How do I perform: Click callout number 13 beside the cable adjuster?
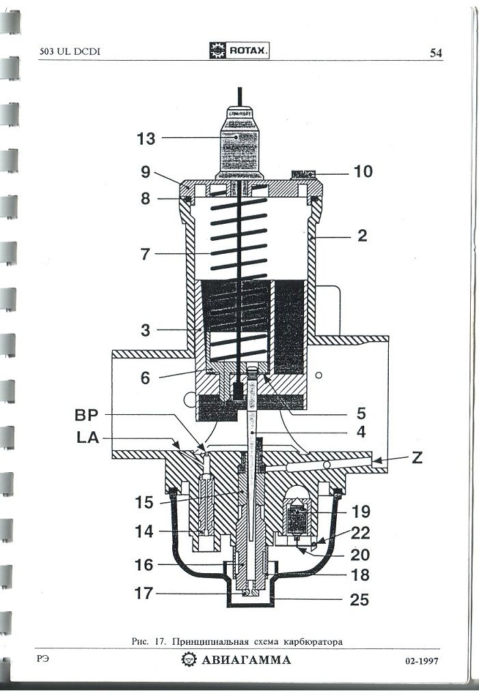pyautogui.click(x=146, y=139)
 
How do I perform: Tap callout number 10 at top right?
pyautogui.click(x=363, y=171)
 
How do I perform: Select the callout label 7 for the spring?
pyautogui.click(x=144, y=255)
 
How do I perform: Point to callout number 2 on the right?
pyautogui.click(x=362, y=236)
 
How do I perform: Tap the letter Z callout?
pyautogui.click(x=417, y=458)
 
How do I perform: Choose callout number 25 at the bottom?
pyautogui.click(x=359, y=600)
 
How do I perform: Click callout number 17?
pyautogui.click(x=144, y=593)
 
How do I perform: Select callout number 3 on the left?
pyautogui.click(x=144, y=330)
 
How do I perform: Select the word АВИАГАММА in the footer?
pyautogui.click(x=246, y=660)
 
